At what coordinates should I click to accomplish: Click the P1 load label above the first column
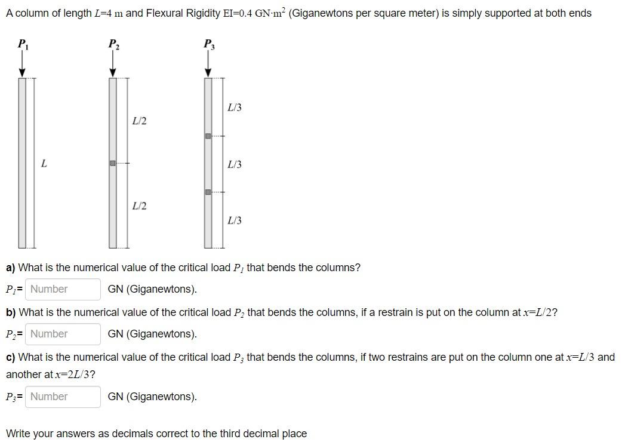pyautogui.click(x=22, y=44)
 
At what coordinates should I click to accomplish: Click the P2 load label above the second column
pyautogui.click(x=113, y=44)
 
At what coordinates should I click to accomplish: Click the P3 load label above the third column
pyautogui.click(x=208, y=44)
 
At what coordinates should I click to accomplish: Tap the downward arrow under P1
pyautogui.click(x=23, y=63)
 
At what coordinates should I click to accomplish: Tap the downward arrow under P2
pyautogui.click(x=113, y=63)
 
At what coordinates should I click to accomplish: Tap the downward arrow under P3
pyautogui.click(x=208, y=63)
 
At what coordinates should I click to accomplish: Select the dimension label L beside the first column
pyautogui.click(x=44, y=163)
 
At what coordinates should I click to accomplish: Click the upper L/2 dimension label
pyautogui.click(x=139, y=121)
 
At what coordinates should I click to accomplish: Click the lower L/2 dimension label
pyautogui.click(x=139, y=206)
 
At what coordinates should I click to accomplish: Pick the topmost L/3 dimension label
pyautogui.click(x=235, y=108)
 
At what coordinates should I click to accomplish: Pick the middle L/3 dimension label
pyautogui.click(x=235, y=164)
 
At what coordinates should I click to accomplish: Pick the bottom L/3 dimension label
pyautogui.click(x=235, y=221)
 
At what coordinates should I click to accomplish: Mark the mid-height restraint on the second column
pyautogui.click(x=112, y=163)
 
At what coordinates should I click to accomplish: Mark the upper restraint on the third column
pyautogui.click(x=208, y=136)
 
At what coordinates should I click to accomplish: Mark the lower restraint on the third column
pyautogui.click(x=208, y=192)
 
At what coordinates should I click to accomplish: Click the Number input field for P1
pyautogui.click(x=63, y=289)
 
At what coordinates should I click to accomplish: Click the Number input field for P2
pyautogui.click(x=63, y=334)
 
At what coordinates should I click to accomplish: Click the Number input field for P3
pyautogui.click(x=63, y=397)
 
